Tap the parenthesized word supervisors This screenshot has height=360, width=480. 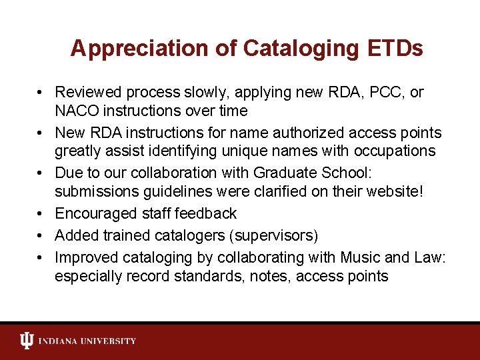pyautogui.click(x=274, y=235)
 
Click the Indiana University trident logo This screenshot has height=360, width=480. pyautogui.click(x=25, y=341)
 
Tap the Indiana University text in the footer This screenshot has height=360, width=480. pyautogui.click(x=87, y=341)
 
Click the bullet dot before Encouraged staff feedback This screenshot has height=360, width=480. pyautogui.click(x=41, y=214)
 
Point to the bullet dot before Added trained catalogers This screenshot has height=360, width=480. pyautogui.click(x=41, y=236)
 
